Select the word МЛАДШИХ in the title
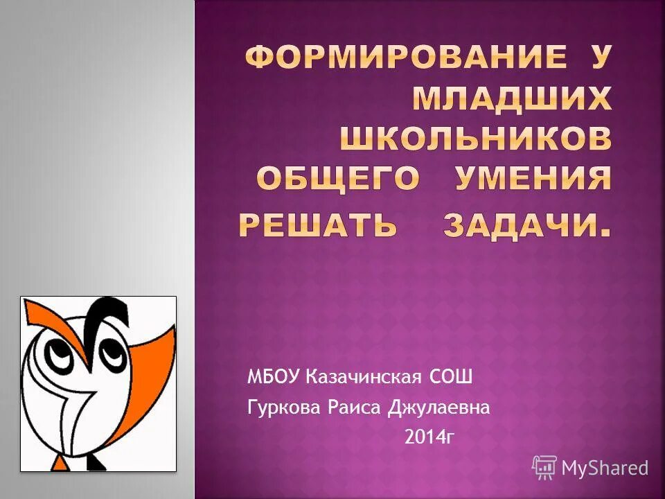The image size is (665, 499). click(x=512, y=100)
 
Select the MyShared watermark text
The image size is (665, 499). click(x=605, y=469)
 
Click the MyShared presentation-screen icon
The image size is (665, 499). click(x=544, y=468)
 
